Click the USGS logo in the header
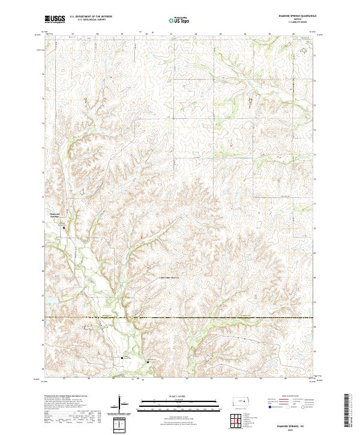pos(55,20)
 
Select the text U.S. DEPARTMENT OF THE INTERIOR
pos(91,17)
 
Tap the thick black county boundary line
pos(180,317)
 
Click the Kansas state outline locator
pos(242,403)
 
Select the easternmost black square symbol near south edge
pos(149,361)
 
